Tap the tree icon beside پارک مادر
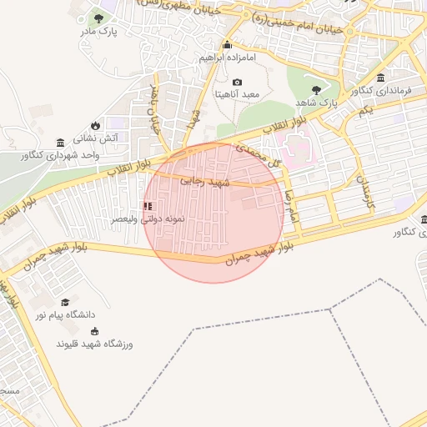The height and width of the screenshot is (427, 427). (x=100, y=18)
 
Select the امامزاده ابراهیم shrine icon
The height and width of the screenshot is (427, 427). (x=227, y=45)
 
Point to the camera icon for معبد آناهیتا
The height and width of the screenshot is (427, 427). (x=237, y=82)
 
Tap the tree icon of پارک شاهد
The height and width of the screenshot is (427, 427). (x=315, y=89)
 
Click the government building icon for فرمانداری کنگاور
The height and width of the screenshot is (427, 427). (x=381, y=78)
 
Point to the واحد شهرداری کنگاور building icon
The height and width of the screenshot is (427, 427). (x=59, y=143)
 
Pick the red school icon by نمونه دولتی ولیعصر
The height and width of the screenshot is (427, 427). (x=148, y=205)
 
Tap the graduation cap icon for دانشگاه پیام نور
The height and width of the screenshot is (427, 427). (x=65, y=302)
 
